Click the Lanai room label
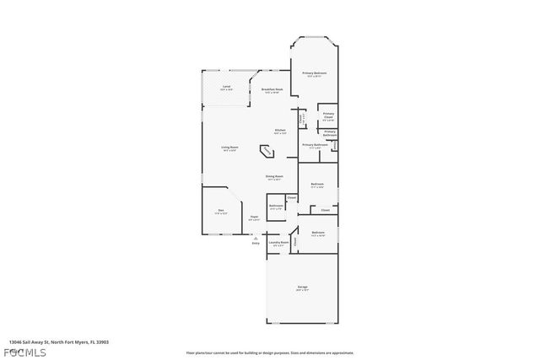tap(226, 87)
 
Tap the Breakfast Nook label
tap(272, 89)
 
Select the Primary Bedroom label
tap(315, 73)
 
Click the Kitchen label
tap(279, 131)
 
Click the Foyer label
tap(253, 217)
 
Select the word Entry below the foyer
tap(256, 244)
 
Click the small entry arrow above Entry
tap(256, 238)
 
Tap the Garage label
tap(302, 287)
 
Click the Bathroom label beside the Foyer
tap(276, 206)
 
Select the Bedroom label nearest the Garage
tap(317, 233)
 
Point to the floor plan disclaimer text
tap(270, 352)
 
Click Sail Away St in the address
tap(40, 342)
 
